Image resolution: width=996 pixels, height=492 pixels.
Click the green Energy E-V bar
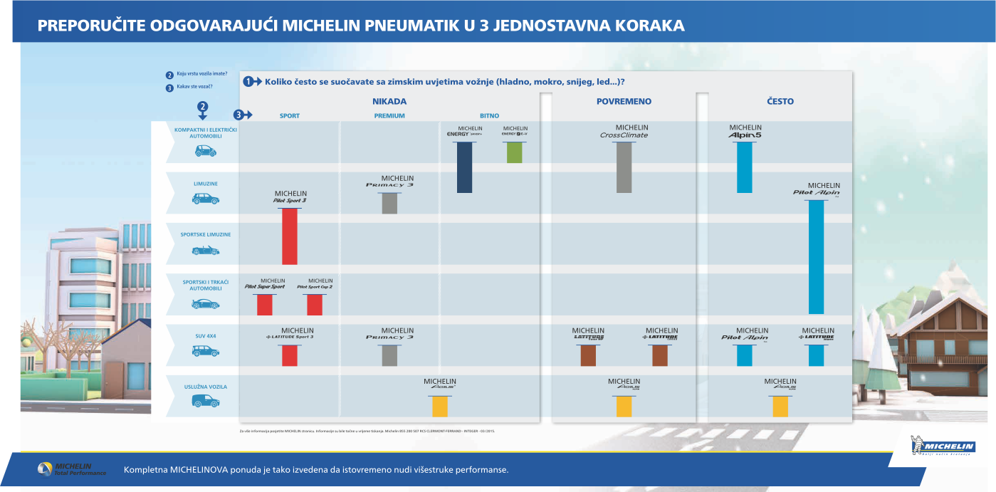pyautogui.click(x=515, y=152)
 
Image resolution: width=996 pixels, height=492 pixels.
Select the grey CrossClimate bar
pyautogui.click(x=624, y=167)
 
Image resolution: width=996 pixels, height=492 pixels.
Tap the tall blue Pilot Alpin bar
pyautogui.click(x=816, y=256)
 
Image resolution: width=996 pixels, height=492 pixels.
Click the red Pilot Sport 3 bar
pyautogui.click(x=289, y=236)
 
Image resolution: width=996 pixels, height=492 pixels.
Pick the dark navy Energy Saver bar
pyautogui.click(x=464, y=167)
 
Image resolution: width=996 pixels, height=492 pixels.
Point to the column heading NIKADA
pyautogui.click(x=389, y=101)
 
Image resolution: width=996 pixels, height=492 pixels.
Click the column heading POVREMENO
pyautogui.click(x=624, y=101)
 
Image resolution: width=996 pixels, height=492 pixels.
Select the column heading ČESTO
pyautogui.click(x=780, y=101)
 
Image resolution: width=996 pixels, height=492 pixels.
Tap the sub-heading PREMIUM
pyautogui.click(x=389, y=116)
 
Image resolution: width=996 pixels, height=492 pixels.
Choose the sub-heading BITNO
pyautogui.click(x=489, y=116)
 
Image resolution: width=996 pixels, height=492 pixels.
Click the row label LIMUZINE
pyautogui.click(x=206, y=184)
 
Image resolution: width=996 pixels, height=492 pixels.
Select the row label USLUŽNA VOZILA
pyautogui.click(x=206, y=387)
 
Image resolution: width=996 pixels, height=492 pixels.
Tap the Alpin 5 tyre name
pyautogui.click(x=745, y=135)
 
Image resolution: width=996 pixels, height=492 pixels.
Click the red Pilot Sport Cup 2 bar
pyautogui.click(x=315, y=305)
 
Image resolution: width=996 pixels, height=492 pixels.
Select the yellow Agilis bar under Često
pyautogui.click(x=780, y=407)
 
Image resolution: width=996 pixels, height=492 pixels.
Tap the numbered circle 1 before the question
pyautogui.click(x=248, y=81)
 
